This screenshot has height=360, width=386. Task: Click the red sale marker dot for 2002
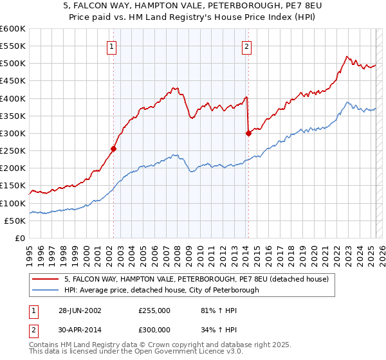pyautogui.click(x=114, y=148)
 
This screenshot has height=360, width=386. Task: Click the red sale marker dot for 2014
pyautogui.click(x=248, y=133)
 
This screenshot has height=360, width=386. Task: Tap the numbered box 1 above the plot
pyautogui.click(x=112, y=46)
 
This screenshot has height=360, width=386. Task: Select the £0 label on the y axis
pyautogui.click(x=21, y=238)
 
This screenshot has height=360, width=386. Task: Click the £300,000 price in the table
pyautogui.click(x=154, y=329)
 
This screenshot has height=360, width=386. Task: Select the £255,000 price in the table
pyautogui.click(x=154, y=310)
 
